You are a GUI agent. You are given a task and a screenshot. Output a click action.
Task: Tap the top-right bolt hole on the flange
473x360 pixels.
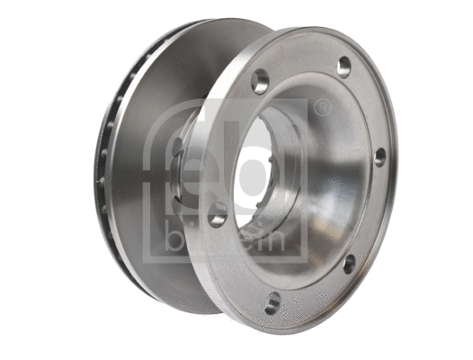[x=344, y=66]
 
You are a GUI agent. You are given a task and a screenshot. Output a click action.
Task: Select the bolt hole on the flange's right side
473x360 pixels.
[x=380, y=156]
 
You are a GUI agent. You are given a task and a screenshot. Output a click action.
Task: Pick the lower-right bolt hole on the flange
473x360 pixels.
[x=350, y=262]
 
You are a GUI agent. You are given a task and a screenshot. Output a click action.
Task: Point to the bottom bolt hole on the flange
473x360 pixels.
[x=270, y=303]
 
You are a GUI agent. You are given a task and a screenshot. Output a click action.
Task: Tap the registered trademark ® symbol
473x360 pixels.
[x=321, y=109]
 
